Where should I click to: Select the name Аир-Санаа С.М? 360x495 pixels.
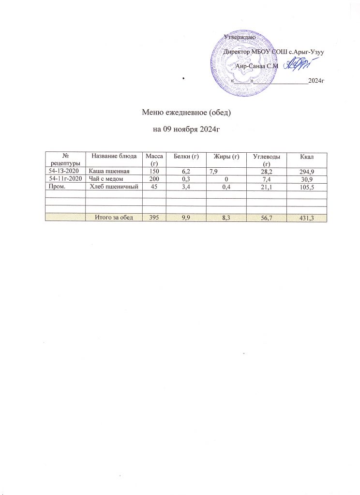tap(256, 66)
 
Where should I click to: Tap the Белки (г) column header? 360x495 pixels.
tap(186, 155)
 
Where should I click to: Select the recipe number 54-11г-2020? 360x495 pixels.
tap(64, 179)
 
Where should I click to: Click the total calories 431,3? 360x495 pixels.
tap(310, 218)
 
